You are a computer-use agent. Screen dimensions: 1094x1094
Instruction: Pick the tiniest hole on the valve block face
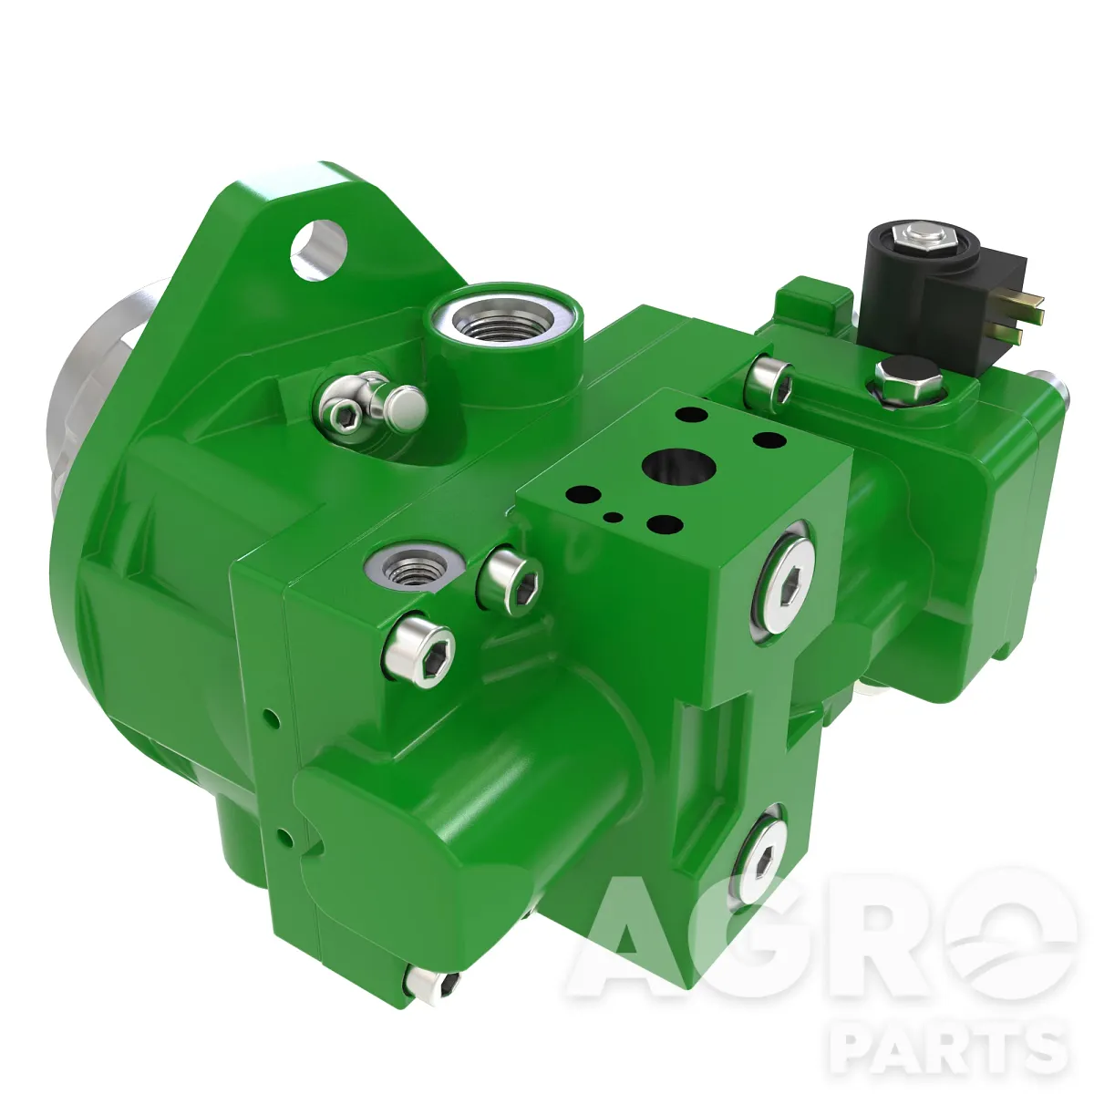pyautogui.click(x=614, y=517)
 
